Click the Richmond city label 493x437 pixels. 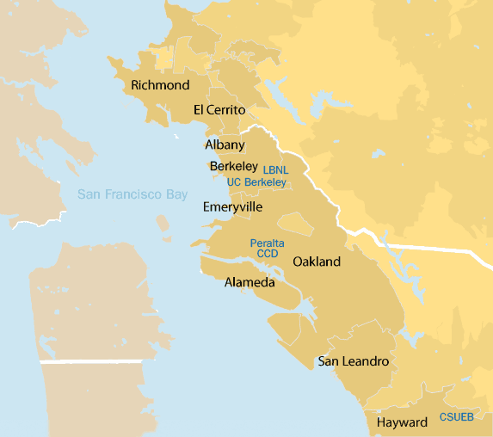point(160,85)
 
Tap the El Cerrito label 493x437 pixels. point(219,110)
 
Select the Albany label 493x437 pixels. point(225,145)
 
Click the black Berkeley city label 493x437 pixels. point(233,166)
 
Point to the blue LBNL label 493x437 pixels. point(276,170)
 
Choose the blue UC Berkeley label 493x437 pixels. point(256,182)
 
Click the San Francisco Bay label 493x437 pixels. point(132,195)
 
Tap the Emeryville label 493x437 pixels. point(232,207)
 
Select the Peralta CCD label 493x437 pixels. point(267,249)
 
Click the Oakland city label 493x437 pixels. point(317,262)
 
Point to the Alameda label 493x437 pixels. point(250,282)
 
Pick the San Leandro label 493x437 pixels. point(353,361)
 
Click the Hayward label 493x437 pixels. point(402,422)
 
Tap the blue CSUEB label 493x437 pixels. point(456,417)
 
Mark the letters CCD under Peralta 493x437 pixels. point(268,254)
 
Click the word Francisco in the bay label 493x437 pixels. point(130,195)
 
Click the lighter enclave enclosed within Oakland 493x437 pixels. point(295,225)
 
